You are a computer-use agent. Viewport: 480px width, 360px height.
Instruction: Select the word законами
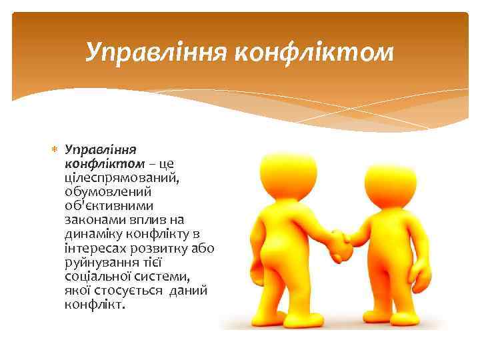(x=93, y=220)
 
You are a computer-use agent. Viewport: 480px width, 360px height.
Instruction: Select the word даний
(x=189, y=290)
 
